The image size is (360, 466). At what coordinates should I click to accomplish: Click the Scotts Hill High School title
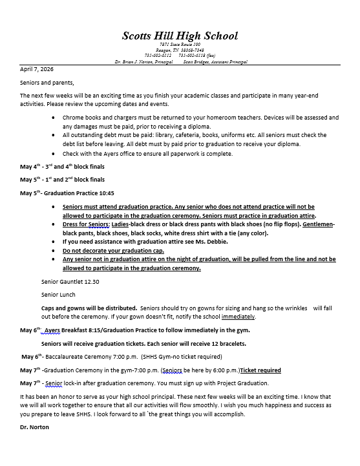(x=180, y=36)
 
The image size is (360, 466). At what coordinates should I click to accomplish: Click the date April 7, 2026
(x=37, y=69)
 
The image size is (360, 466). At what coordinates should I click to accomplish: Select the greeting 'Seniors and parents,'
(x=47, y=82)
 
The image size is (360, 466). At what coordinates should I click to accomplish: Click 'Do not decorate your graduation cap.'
(x=114, y=250)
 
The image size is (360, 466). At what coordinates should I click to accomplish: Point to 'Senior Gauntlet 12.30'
(x=70, y=282)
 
